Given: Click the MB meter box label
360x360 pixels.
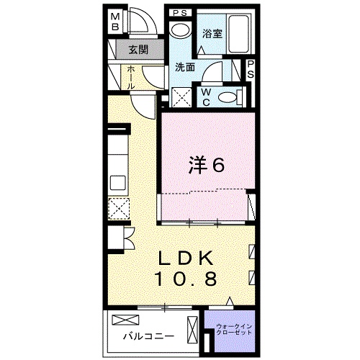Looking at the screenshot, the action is coord(115,22).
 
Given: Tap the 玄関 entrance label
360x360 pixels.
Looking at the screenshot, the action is coord(138,50).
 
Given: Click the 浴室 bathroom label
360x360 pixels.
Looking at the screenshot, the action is coord(212,34).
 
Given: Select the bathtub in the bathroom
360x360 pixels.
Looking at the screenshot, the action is coord(238,34).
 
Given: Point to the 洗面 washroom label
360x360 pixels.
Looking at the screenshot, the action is coord(185,68).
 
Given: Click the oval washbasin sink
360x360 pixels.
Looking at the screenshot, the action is coord(181,30).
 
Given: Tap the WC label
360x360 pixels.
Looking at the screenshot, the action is coord(206,97).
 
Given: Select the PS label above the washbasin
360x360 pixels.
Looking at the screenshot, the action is coord(180,13).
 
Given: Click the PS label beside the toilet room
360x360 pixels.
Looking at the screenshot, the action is coord(250,69).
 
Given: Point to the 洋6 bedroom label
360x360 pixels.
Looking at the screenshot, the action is coord(207,165).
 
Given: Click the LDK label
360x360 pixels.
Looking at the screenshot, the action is coord(185,258).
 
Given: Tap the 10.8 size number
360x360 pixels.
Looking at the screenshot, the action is coord(186,279).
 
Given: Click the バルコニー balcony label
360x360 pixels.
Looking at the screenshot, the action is coord(149,336).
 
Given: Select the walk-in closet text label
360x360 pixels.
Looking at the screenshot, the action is coord(234,330).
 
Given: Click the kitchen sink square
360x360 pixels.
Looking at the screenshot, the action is coord(117,183).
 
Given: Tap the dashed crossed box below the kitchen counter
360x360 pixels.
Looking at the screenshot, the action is coord(119,208).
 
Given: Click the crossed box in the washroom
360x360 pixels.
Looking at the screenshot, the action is coord(182,97).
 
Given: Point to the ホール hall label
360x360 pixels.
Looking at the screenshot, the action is coord(130,78).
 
